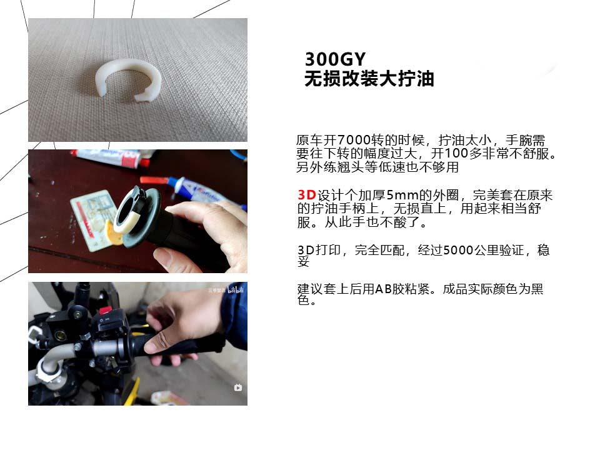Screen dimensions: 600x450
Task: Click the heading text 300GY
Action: coord(335,59)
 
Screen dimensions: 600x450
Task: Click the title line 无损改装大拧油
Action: coord(369,79)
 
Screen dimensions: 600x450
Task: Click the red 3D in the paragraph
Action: coord(307,195)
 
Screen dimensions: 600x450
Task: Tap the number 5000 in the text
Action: coord(458,250)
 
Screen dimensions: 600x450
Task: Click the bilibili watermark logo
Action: coord(236,289)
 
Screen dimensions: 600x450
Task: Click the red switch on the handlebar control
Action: coord(105,309)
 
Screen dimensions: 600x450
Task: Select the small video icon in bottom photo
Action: coord(238,387)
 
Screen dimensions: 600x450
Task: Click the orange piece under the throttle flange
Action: coord(112,232)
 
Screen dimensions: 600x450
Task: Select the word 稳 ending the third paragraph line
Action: coord(543,250)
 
